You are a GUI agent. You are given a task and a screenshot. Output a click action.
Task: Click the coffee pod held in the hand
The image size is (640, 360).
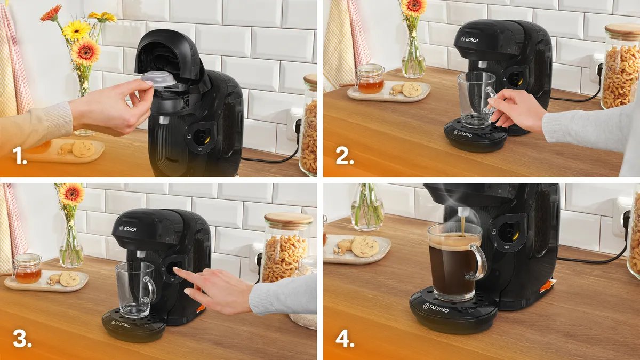(158, 79)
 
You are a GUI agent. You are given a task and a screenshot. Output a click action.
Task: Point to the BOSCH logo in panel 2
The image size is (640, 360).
(470, 39)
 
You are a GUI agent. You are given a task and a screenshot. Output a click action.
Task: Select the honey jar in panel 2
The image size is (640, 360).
(370, 79)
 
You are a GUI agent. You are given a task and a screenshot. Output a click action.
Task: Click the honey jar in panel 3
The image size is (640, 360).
(27, 269)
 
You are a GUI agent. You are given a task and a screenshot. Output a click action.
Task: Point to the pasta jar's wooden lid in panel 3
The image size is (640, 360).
(288, 220)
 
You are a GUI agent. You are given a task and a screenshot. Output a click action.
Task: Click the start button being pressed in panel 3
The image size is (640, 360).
(172, 268)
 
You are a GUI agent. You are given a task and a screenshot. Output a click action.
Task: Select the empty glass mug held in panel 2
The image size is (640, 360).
(475, 99)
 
